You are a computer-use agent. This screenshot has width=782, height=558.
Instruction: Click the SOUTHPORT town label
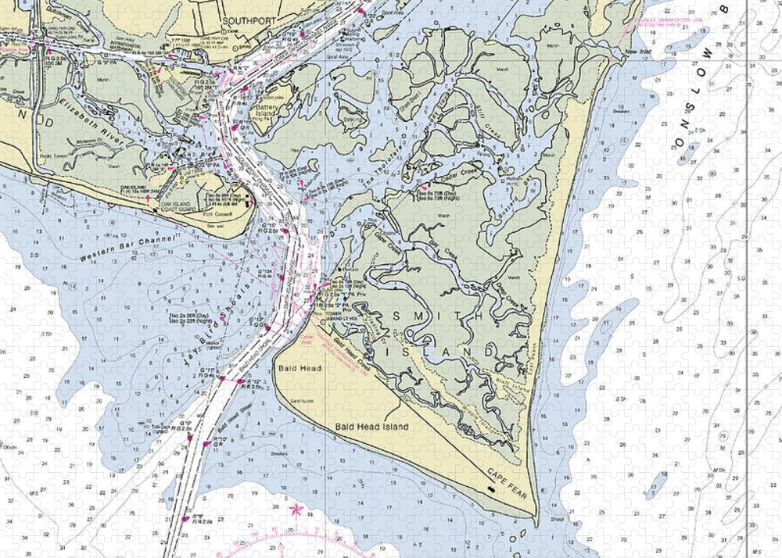click(x=246, y=21)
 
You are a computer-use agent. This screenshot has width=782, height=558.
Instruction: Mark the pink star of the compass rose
click(x=296, y=510)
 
